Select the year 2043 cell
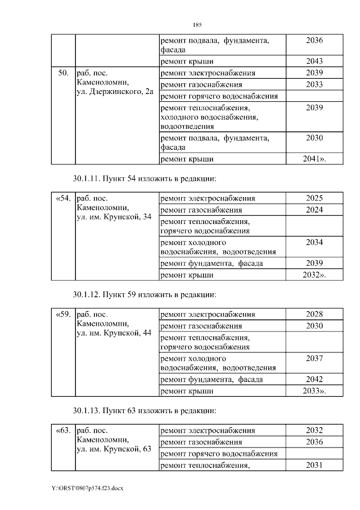(x=314, y=61)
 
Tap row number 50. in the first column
(x=63, y=73)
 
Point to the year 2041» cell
(x=314, y=159)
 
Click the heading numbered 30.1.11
(x=144, y=178)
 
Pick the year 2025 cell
(x=314, y=198)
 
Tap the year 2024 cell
(x=314, y=210)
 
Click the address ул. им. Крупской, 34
(x=114, y=217)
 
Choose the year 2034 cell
(x=314, y=241)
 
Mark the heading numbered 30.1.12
(x=144, y=294)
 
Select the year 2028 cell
(x=314, y=314)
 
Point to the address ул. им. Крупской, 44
(x=114, y=333)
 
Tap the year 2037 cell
(x=314, y=358)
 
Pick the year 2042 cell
(x=314, y=379)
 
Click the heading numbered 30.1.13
(x=144, y=410)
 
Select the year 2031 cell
(x=314, y=465)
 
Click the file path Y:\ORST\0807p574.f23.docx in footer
(x=87, y=488)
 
